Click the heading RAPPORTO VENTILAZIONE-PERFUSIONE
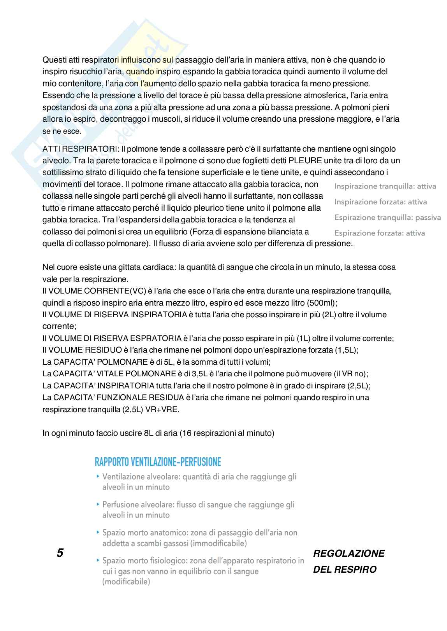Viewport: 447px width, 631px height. pos(158,462)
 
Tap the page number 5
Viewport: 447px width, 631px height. pos(60,553)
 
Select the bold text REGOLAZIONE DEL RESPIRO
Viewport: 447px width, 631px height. pos(348,561)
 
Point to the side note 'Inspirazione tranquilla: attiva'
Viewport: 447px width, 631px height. pos(385,186)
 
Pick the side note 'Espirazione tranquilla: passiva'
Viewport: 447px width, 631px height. pos(387,217)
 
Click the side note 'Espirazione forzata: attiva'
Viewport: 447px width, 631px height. pos(379,233)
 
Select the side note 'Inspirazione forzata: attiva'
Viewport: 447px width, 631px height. pos(380,202)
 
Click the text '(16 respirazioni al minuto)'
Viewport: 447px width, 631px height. pos(227,433)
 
